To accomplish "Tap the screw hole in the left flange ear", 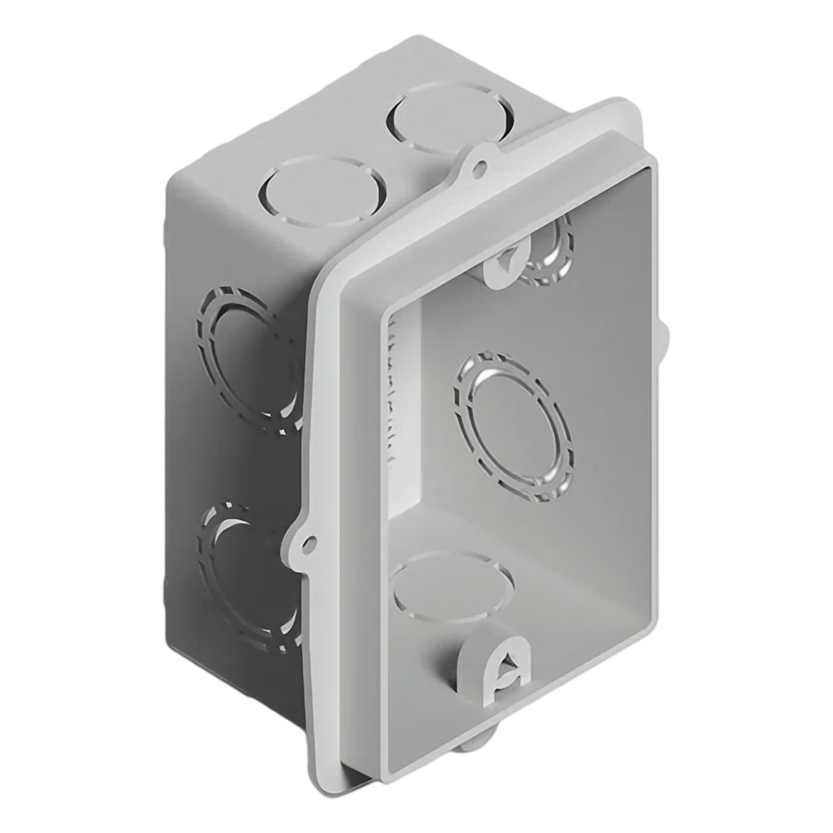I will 307,541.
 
